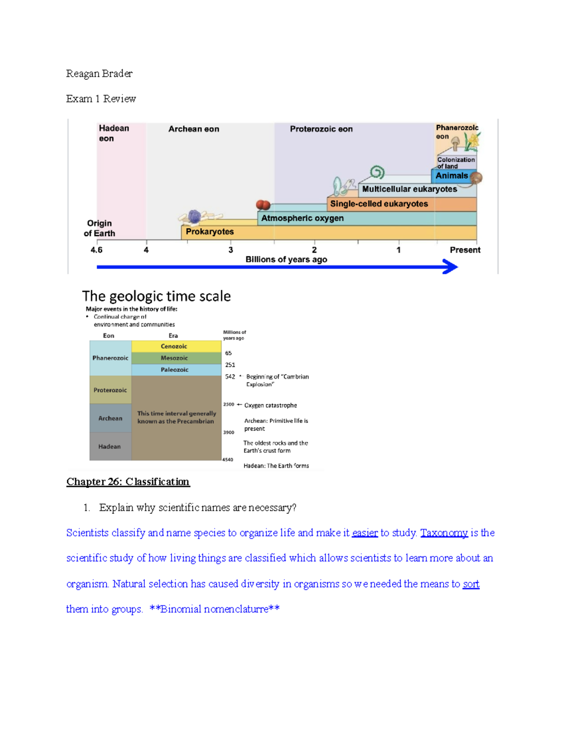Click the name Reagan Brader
click(99, 74)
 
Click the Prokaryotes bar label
click(210, 231)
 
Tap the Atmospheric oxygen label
click(302, 218)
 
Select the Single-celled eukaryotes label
click(379, 204)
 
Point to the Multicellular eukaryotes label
click(409, 189)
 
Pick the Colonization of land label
click(456, 163)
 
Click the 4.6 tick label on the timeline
click(96, 250)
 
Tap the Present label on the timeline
click(465, 250)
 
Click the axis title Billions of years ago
click(286, 259)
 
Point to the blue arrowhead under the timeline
click(450, 267)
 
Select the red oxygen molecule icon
click(263, 204)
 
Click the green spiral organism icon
click(377, 173)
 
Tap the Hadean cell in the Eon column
click(110, 446)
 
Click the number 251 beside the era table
click(230, 365)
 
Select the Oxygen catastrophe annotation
click(270, 406)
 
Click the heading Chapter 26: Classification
click(128, 482)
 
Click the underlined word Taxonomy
click(444, 533)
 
